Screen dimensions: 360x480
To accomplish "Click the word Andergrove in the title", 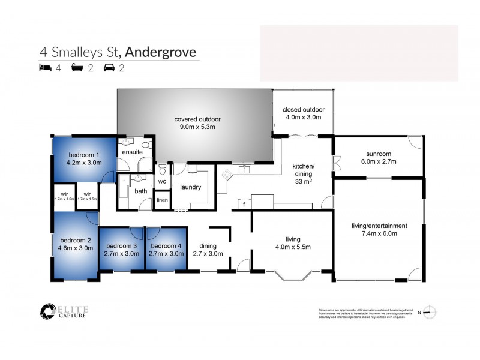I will pos(160,52).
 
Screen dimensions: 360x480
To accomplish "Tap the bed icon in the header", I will pos(44,68).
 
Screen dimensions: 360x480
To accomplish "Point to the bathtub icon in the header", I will pos(76,68).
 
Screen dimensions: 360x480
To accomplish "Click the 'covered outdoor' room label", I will pos(194,118).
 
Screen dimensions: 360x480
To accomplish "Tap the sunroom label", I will pos(378,154).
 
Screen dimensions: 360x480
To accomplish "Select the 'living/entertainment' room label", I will pos(379,226).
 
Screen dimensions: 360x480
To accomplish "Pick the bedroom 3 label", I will pos(122,245).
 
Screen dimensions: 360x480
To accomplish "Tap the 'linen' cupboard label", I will pos(162,200).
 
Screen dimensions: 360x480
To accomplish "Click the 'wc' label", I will pos(162,182).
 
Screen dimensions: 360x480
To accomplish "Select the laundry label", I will pos(190,187).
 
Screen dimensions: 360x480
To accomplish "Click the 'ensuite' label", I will pos(132,152).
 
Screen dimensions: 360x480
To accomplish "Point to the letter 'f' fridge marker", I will pos(244,204).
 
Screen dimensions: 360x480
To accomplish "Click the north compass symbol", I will pos(428,311).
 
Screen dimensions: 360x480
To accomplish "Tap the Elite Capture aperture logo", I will pos(47,311).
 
